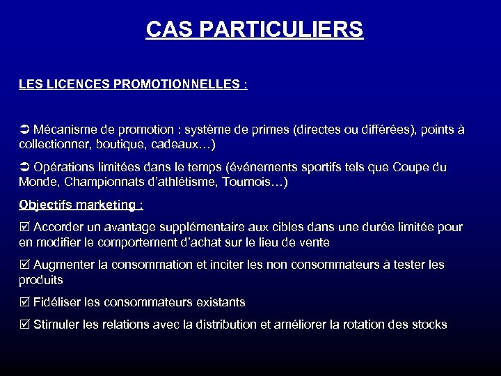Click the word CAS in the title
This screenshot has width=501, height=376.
(168, 30)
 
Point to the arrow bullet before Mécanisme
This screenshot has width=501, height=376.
(24, 130)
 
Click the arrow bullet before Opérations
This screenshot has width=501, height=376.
(24, 168)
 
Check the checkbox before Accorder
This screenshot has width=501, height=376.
(24, 228)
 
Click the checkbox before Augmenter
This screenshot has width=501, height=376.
(24, 265)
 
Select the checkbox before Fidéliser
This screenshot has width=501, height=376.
(24, 303)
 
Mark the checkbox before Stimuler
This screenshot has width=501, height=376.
(24, 324)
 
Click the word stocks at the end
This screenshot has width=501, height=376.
(428, 324)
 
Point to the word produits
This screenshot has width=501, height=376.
(41, 280)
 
